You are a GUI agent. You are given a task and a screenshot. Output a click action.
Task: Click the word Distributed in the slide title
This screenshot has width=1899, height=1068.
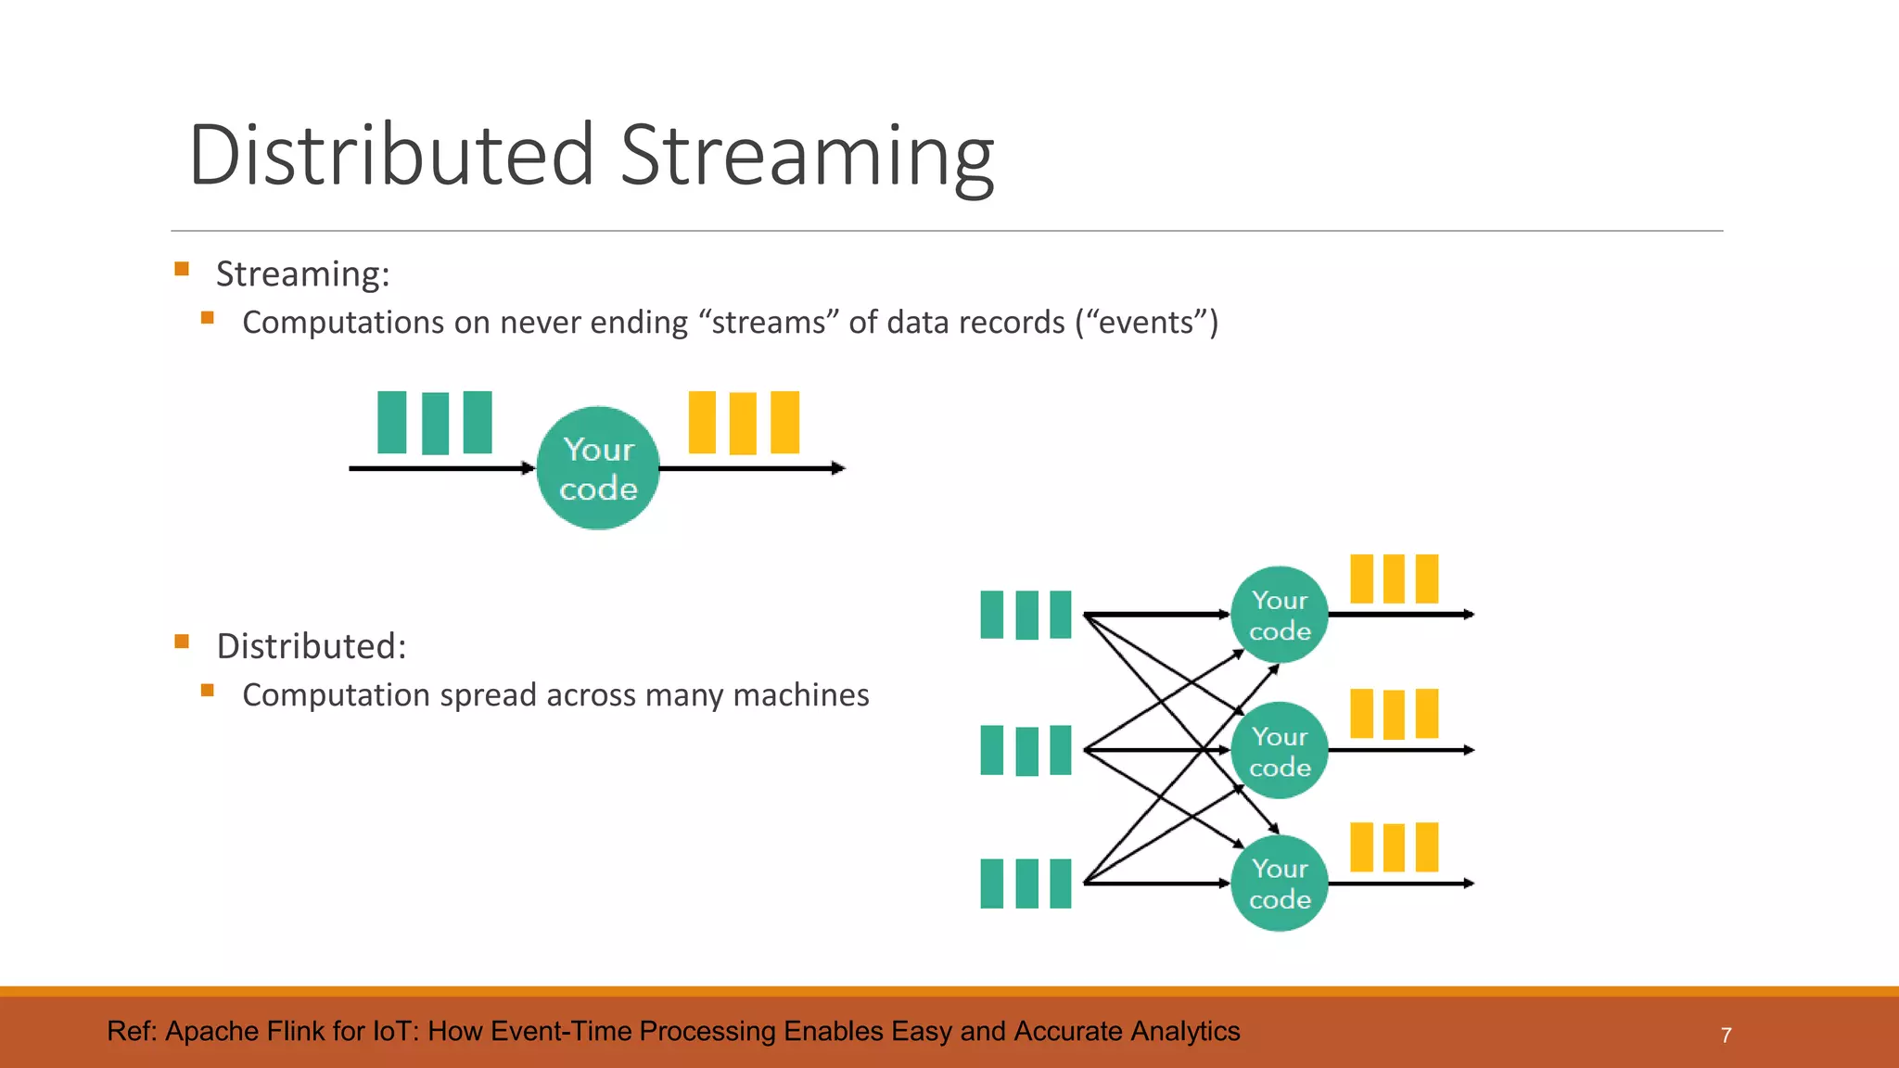point(390,155)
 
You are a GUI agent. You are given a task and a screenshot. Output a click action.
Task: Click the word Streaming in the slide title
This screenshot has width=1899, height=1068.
point(807,155)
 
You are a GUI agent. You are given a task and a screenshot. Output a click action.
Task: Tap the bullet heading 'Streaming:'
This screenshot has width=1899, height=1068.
point(302,274)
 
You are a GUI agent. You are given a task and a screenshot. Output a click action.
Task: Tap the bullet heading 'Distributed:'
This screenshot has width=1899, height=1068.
point(311,646)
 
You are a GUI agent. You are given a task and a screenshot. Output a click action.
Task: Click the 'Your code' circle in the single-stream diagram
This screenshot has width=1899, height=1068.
point(598,468)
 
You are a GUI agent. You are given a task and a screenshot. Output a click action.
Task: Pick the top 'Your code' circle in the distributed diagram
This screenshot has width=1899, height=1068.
point(1280,615)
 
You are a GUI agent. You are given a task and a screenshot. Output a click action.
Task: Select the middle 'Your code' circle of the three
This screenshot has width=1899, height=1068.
point(1280,750)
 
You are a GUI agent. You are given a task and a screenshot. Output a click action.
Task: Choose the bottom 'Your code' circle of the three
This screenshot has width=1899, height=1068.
point(1280,884)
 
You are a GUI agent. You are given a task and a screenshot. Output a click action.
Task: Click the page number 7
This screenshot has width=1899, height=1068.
point(1726,1036)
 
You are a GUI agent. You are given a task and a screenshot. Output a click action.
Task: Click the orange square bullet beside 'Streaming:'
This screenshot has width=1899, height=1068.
point(182,270)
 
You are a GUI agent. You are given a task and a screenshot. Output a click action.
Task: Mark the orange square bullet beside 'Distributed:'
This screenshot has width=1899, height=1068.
point(182,642)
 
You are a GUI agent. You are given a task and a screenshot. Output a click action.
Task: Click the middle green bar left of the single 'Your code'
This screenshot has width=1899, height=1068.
point(435,423)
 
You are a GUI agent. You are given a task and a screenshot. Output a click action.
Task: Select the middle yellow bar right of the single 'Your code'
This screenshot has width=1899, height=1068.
point(743,423)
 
